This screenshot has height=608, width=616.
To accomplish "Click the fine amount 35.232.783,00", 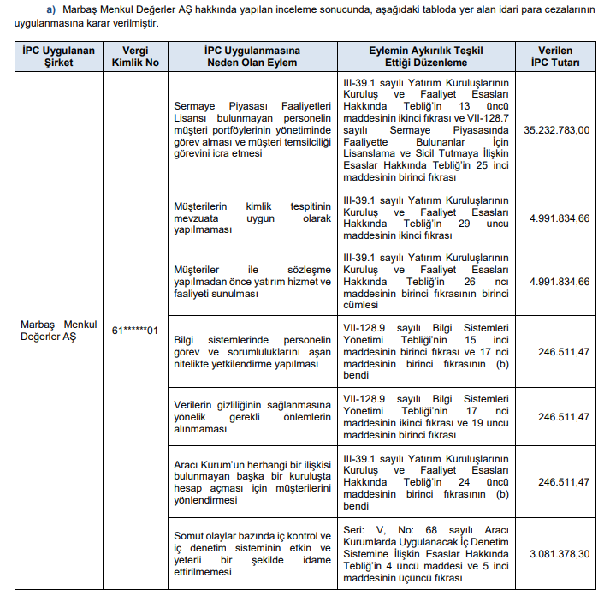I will pos(557,130).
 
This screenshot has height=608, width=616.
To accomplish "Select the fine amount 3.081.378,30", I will pos(560,554).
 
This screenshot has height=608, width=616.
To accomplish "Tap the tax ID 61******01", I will pos(135,330).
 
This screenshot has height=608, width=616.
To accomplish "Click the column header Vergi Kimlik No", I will pos(135,57).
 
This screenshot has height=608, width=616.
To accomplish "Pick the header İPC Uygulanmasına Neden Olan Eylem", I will pos(251,57).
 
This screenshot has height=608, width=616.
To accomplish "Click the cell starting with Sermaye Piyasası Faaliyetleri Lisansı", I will pos(251,130).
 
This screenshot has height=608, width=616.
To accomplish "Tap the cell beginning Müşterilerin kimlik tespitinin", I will pos(251,218).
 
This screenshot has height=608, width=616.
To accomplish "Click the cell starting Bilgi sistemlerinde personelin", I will pos(251,352).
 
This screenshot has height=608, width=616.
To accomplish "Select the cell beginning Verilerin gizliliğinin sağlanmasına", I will pos(251,417).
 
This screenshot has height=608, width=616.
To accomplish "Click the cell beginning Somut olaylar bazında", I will pos(251,554).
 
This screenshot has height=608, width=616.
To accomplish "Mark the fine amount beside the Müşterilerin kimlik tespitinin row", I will pos(560,218).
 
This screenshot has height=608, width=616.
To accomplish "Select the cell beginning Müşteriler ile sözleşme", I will pos(251,282).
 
